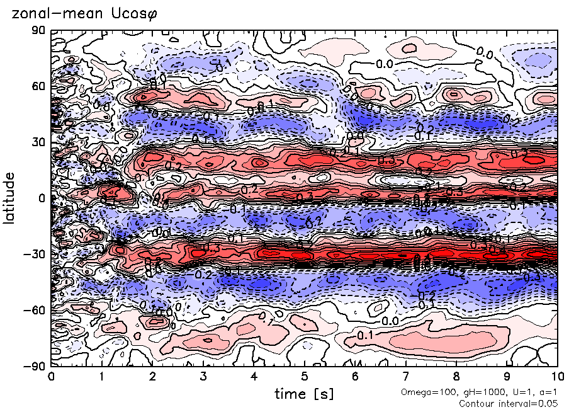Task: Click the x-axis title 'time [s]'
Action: [x=304, y=394]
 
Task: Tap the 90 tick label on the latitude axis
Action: [x=40, y=30]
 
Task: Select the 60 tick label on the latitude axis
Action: [x=40, y=86]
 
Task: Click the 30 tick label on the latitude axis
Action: [x=40, y=142]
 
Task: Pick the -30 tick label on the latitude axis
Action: [x=36, y=254]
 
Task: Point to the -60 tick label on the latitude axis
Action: [x=36, y=310]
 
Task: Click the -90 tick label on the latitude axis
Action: [x=36, y=366]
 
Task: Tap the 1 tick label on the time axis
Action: [x=102, y=377]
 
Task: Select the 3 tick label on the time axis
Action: [x=203, y=377]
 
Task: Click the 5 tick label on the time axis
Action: [x=305, y=377]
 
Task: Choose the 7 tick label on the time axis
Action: [x=406, y=377]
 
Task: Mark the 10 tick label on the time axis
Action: [x=558, y=377]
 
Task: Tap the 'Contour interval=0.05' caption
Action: [x=509, y=403]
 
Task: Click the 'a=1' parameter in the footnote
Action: [x=548, y=392]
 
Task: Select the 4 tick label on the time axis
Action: [x=254, y=377]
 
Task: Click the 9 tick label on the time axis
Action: [x=507, y=377]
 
